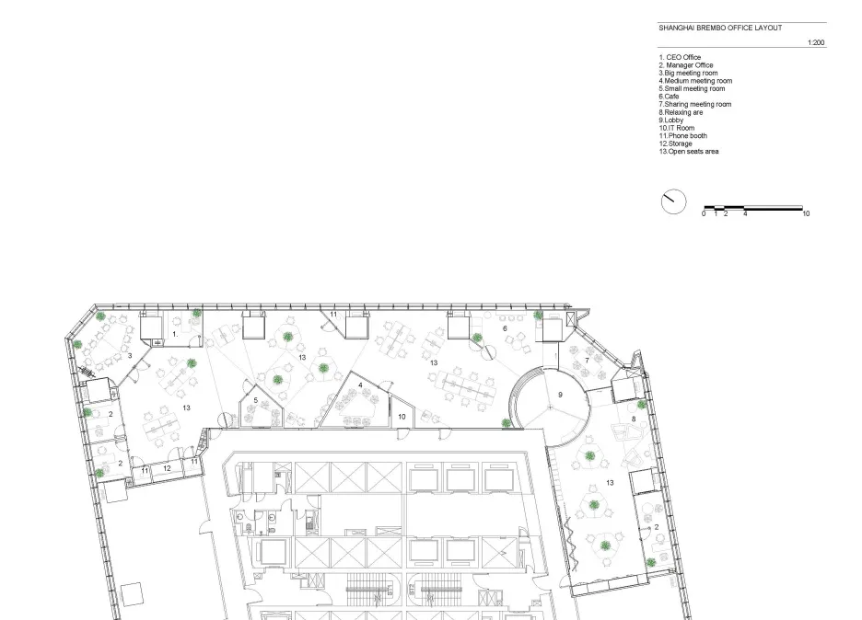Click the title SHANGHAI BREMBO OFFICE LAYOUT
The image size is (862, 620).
pos(720,28)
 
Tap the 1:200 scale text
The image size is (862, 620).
pos(816,43)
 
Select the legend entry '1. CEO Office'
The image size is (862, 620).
pos(680,57)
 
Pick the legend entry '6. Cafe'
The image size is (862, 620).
pos(669,97)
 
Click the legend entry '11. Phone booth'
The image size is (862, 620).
pos(683,135)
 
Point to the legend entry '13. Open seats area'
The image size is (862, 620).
pos(689,152)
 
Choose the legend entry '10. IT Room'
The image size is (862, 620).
pos(677,128)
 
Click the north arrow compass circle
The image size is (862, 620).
pos(673,201)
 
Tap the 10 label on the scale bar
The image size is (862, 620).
pos(806,213)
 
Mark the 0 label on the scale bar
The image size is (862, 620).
pos(704,213)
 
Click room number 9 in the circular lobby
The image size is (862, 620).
pos(560,395)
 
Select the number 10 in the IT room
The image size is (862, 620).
pos(402,417)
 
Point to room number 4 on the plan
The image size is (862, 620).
pos(361,385)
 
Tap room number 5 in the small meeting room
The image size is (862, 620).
pos(256,400)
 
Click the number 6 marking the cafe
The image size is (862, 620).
pos(505,328)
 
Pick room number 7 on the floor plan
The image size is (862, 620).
pos(587,361)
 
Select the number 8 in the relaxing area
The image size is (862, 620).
pos(634,419)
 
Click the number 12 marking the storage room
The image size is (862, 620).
pos(167,468)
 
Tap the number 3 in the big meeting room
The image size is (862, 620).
pos(130,356)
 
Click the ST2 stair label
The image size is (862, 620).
pos(412,591)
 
